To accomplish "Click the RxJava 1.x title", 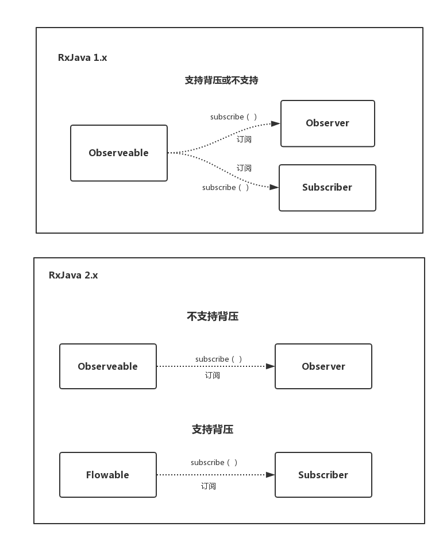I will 82,57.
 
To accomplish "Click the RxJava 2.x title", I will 73,275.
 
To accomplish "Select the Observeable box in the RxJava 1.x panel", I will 119,153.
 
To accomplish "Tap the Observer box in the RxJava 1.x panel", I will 328,123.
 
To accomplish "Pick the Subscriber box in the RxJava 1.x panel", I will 328,188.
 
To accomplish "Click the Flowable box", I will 108,475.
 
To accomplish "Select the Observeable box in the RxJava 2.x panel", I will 108,366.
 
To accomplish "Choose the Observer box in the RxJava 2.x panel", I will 323,366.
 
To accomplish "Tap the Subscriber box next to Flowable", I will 323,475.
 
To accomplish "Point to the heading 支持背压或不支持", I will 221,80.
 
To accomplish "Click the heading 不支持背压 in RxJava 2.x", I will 213,316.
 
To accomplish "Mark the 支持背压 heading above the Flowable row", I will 213,429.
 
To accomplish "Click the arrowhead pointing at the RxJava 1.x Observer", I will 276,123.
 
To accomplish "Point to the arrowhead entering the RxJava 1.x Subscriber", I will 274,187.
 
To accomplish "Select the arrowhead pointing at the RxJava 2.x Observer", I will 270,366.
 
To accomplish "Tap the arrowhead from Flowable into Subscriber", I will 270,475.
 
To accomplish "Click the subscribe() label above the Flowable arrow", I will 214,463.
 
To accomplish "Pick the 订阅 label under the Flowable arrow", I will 209,486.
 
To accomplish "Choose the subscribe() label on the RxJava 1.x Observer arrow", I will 234,117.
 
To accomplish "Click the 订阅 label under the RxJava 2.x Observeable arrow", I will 213,375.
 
